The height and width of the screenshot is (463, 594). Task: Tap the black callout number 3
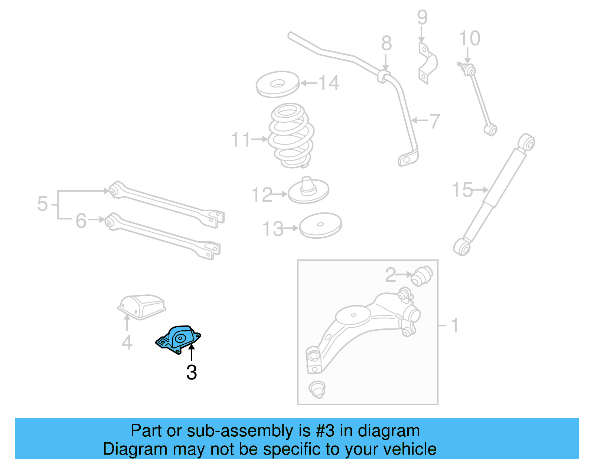coord(192,373)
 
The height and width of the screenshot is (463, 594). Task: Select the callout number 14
coord(329,83)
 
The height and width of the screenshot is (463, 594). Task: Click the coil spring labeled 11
coord(291,136)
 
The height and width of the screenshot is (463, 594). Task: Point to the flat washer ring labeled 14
coord(277,84)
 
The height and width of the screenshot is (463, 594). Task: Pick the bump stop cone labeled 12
coord(308,190)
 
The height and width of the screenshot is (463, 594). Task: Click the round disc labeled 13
coord(320,225)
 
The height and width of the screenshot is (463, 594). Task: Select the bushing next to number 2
coord(422,276)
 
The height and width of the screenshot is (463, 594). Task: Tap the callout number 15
coord(462,190)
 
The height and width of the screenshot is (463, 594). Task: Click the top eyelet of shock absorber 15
coord(526,142)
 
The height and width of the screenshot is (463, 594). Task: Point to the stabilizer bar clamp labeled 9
coord(428,63)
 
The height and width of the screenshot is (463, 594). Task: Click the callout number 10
coord(470,39)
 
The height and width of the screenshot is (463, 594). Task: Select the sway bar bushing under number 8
coord(385,76)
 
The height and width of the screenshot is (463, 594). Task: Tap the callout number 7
coord(434,121)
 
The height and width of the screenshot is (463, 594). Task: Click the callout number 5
coord(42,204)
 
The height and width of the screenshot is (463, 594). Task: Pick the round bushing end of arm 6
coord(109,221)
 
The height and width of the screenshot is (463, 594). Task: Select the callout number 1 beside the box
coord(454,326)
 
